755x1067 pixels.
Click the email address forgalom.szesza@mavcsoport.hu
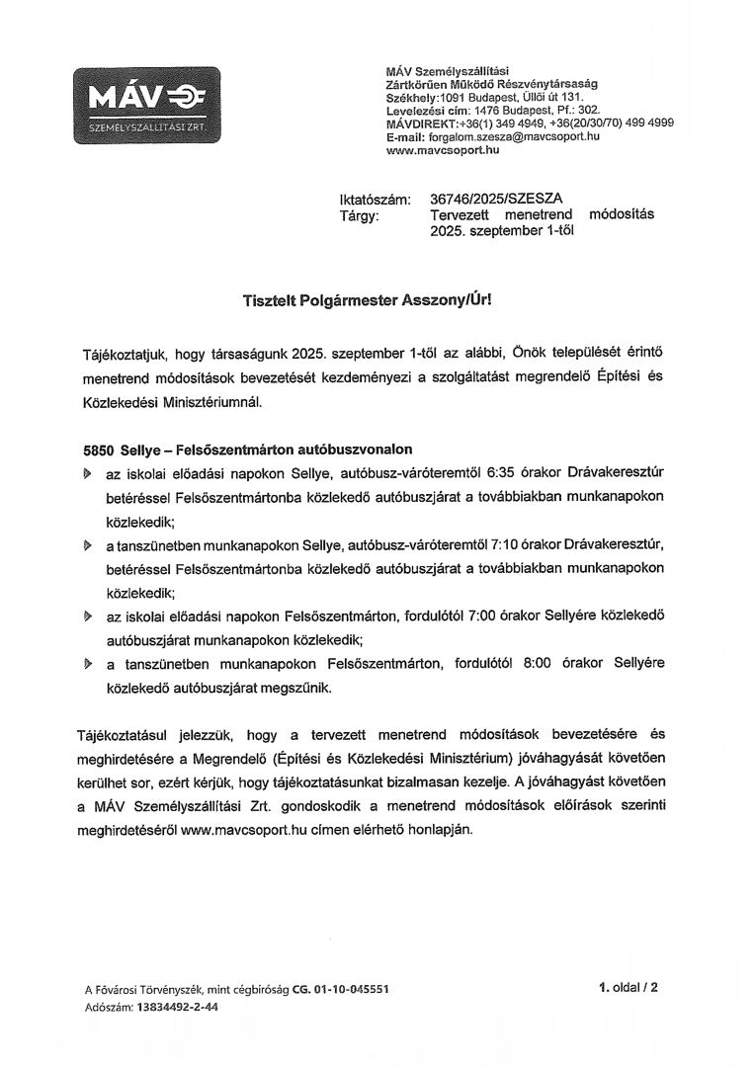[515, 136]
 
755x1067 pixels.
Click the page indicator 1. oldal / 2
[627, 986]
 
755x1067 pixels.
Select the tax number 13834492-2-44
[174, 1007]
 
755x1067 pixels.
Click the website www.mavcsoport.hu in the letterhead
[443, 150]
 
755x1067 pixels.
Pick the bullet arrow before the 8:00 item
[87, 665]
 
